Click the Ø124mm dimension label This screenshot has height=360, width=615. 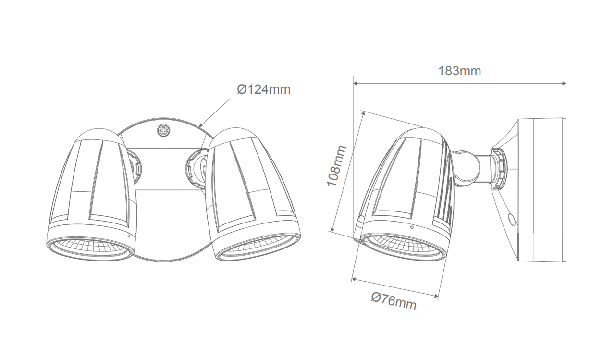264,90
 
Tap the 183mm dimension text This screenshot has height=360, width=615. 460,71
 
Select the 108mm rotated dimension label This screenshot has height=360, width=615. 336,166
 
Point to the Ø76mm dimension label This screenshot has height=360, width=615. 394,301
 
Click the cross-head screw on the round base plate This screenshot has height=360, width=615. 164,130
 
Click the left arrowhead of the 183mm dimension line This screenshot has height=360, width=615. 356,83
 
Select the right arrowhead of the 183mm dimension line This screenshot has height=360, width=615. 563,83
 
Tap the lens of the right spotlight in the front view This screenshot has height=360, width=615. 258,248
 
